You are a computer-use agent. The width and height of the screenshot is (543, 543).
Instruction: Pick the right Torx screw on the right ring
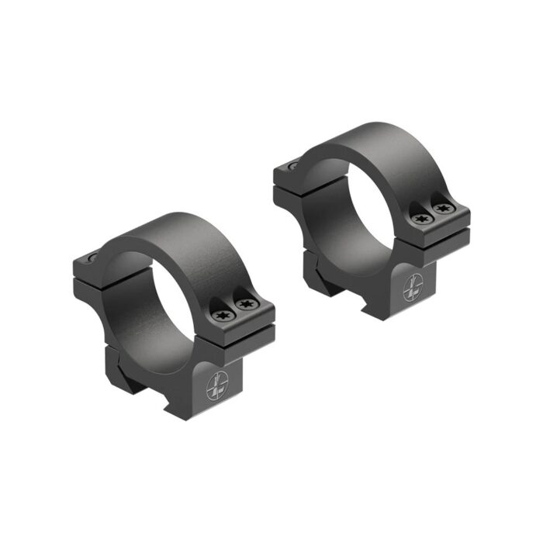click(x=443, y=209)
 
